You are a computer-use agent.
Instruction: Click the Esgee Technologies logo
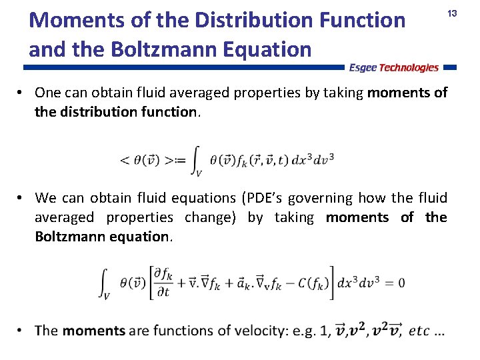(394, 67)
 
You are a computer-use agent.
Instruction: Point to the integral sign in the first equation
(194, 161)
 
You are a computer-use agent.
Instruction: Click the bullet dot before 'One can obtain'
(22, 92)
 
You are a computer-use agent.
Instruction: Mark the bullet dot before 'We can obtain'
(22, 198)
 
